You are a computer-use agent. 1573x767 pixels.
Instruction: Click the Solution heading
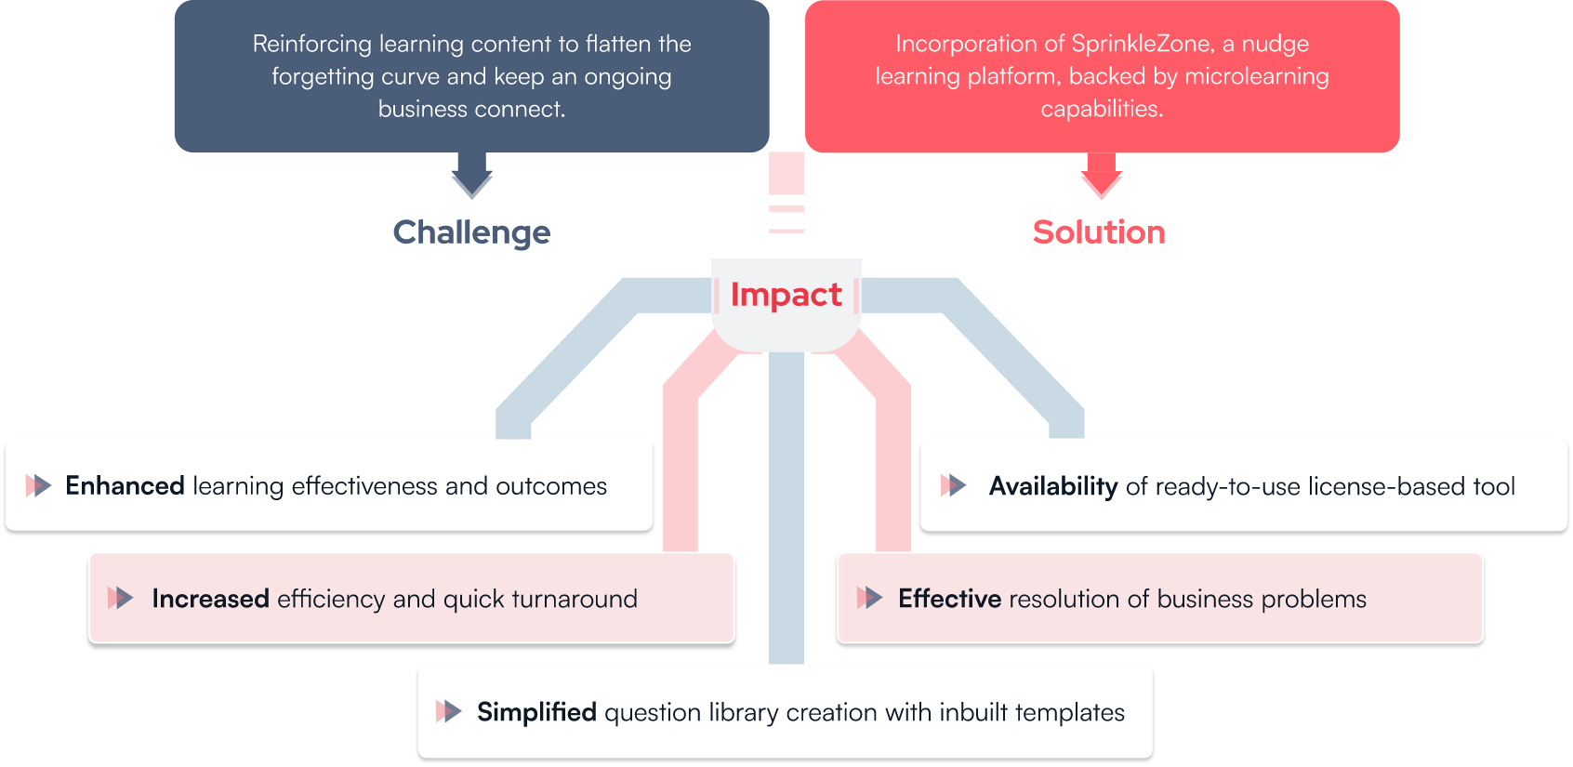1099,232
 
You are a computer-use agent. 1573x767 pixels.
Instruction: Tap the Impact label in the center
786,295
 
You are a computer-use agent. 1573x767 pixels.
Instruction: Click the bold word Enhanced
125,486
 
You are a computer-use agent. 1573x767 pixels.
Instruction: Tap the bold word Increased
210,599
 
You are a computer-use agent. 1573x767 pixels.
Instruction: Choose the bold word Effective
949,599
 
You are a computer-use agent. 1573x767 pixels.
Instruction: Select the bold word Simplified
536,712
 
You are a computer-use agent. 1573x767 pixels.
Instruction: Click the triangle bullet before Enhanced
39,485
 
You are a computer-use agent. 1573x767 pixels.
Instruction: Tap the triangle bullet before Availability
953,485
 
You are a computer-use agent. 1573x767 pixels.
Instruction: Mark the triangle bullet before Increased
120,599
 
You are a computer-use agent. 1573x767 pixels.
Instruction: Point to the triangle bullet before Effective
869,599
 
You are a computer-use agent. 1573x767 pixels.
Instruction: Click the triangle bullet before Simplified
448,711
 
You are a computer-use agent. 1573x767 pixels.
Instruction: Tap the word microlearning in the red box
1257,76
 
